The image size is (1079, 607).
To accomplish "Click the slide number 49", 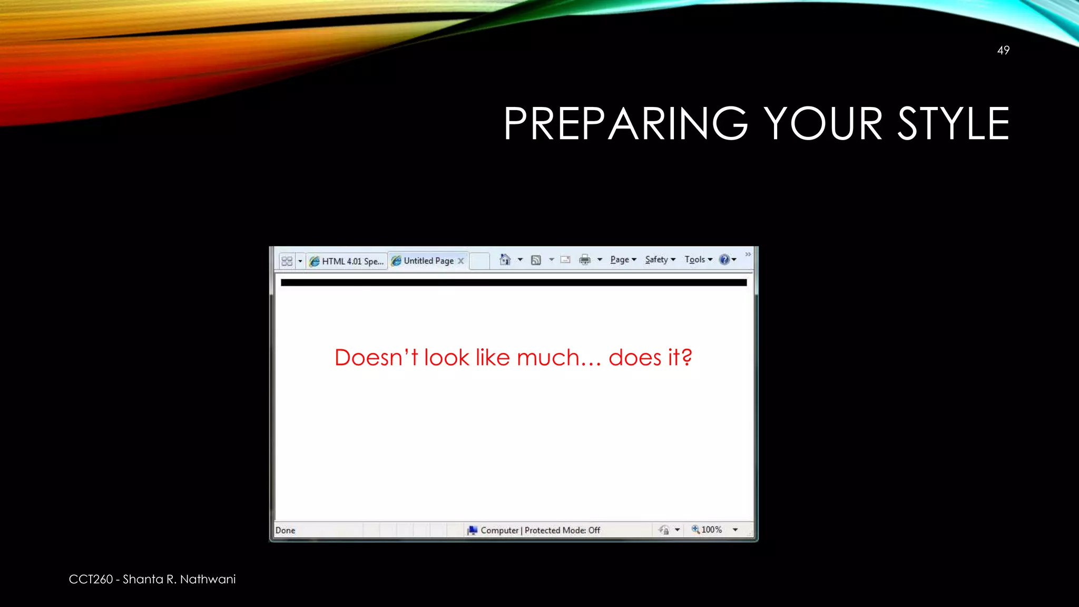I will coord(1003,51).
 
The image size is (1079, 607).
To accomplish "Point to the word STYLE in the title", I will coord(953,124).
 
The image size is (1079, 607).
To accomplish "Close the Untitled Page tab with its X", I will coord(461,261).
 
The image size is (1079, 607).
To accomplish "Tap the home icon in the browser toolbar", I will coord(505,259).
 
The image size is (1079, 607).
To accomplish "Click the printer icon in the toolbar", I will coord(585,259).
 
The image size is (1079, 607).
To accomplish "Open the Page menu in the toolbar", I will coord(620,259).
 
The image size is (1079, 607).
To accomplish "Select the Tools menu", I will coord(695,259).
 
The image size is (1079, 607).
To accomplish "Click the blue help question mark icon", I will coord(724,259).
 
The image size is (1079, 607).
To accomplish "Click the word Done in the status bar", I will coord(285,530).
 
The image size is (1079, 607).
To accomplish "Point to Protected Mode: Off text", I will coord(562,530).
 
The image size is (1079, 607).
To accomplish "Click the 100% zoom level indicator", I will coord(711,530).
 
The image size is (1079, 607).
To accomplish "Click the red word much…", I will coord(558,358).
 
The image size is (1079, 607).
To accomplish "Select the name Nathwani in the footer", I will coord(208,579).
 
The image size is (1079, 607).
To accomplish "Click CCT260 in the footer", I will coord(91,579).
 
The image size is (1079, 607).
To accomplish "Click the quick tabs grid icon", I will coord(287,261).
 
